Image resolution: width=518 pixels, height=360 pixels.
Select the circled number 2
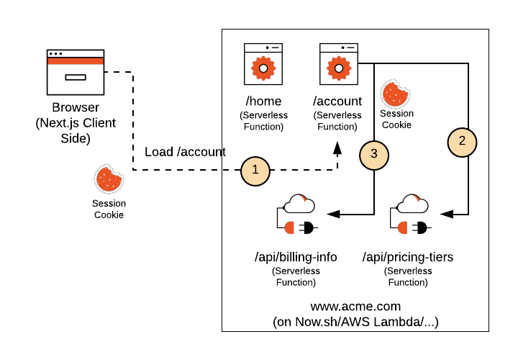pos(462,140)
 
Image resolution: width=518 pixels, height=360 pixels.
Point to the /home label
pos(263,102)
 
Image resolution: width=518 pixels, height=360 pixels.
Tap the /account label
pos(337,102)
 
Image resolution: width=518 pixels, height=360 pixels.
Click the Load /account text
pos(185,152)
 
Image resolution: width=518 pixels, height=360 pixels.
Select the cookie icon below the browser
pos(109,179)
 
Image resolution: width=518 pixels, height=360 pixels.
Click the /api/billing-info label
pos(296,257)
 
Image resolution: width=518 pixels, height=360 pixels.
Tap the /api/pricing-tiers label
pos(408,257)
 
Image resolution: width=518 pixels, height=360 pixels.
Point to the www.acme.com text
pos(355,306)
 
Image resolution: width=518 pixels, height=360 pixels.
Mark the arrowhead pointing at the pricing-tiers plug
pos(445,214)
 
